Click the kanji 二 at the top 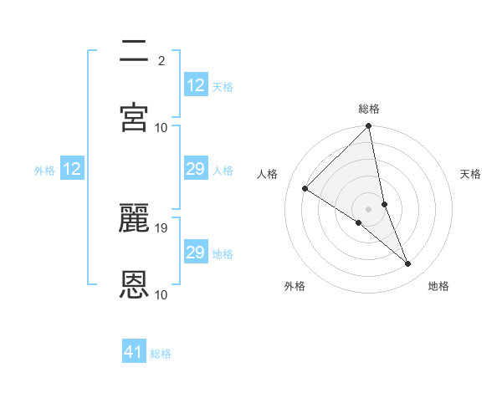tap(135, 52)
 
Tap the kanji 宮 tap(135, 117)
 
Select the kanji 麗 tap(135, 217)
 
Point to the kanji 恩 tap(135, 284)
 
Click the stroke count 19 tap(162, 227)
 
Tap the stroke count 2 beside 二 tap(161, 61)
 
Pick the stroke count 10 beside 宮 tap(162, 127)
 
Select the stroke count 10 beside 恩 tap(162, 294)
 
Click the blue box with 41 tap(134, 352)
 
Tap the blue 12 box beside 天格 tap(196, 85)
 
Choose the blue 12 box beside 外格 tap(72, 169)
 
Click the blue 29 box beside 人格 tap(196, 170)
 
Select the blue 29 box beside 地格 tap(196, 253)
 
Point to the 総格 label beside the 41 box tap(161, 354)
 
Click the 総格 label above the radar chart tap(369, 109)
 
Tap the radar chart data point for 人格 tap(305, 189)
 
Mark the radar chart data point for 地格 tap(408, 264)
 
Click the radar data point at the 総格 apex tap(369, 127)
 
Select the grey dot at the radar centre tap(369, 208)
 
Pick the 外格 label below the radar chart tap(294, 287)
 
